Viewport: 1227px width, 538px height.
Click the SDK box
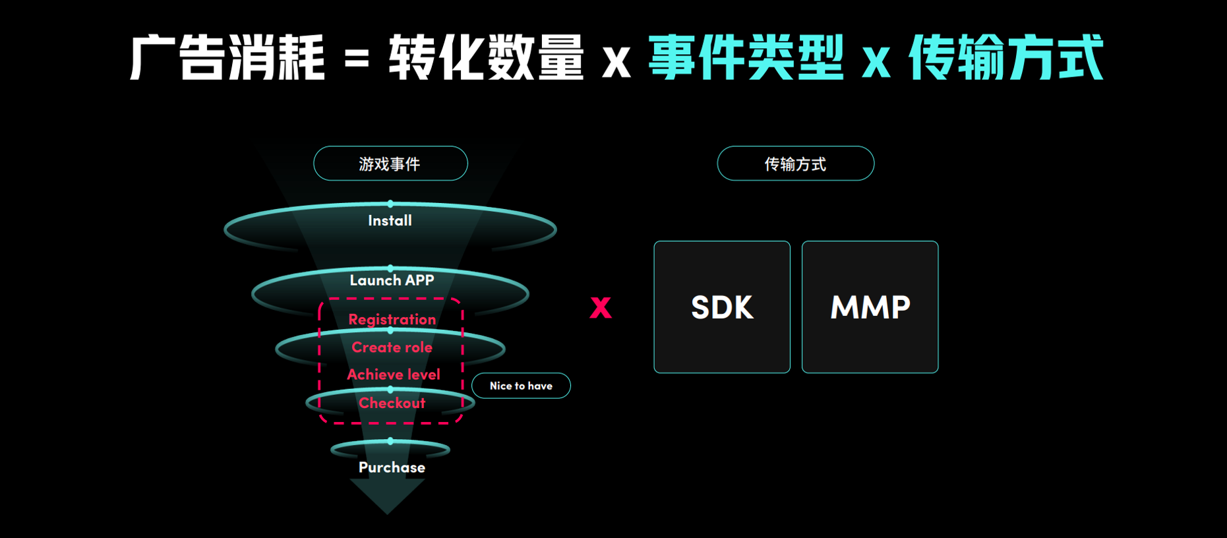722,307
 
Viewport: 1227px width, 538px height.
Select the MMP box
870,307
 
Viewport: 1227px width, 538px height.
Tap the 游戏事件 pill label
390,164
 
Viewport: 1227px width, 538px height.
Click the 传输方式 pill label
795,164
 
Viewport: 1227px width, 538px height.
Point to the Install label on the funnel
390,221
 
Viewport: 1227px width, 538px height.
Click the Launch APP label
392,280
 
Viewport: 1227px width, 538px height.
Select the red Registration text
392,319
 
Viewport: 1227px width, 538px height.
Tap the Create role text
392,347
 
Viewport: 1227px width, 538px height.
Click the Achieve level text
393,374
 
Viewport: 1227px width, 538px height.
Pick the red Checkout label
392,403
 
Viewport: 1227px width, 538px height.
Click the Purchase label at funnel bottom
392,467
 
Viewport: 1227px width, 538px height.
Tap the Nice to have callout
521,386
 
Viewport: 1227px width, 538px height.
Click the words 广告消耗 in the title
227,58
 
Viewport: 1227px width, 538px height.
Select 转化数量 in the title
486,58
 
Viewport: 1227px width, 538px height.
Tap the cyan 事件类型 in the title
746,58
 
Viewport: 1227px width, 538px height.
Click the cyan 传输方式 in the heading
1005,58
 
